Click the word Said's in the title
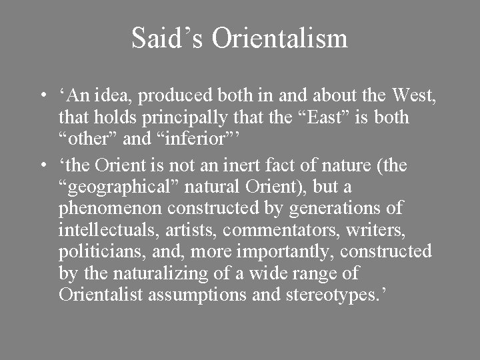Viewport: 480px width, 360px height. point(167,38)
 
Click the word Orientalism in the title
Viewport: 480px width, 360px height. point(280,38)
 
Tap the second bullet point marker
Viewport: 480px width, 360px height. point(42,165)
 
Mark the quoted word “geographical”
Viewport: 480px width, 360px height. point(121,187)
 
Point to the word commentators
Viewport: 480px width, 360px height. point(280,231)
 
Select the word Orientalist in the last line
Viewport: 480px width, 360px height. point(101,295)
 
